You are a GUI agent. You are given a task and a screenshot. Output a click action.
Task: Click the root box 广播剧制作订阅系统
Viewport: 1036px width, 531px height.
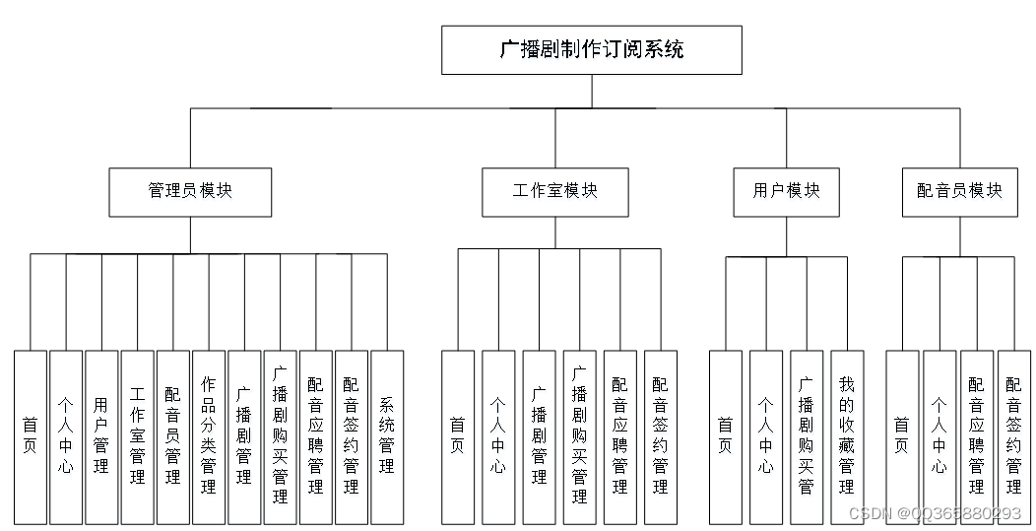click(591, 50)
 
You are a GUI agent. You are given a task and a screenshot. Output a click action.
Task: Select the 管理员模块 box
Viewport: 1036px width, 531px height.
click(190, 191)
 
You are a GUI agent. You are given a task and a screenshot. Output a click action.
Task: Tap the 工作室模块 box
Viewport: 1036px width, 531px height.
click(554, 191)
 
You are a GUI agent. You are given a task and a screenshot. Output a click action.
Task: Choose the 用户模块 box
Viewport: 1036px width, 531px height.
click(786, 191)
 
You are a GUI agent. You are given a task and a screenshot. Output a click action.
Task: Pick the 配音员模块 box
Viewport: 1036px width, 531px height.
click(959, 191)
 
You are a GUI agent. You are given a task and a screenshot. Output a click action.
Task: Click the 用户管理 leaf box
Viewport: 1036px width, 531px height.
click(101, 436)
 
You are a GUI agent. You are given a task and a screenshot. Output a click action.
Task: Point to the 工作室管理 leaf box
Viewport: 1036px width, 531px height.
click(137, 436)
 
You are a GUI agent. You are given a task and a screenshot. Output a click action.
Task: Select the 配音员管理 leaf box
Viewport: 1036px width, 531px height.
click(172, 436)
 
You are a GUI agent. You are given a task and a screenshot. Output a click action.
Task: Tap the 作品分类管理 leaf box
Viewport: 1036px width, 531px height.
click(208, 436)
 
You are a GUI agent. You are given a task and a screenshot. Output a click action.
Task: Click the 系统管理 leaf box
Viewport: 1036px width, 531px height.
click(387, 436)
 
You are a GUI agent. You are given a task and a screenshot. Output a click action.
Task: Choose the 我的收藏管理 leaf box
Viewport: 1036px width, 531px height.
click(847, 436)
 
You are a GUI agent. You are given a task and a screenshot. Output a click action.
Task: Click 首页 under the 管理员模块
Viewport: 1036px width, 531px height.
click(30, 436)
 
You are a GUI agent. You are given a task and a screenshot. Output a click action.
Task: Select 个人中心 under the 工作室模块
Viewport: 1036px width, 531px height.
click(498, 436)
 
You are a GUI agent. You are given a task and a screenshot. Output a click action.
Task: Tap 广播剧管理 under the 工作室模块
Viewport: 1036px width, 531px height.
click(539, 436)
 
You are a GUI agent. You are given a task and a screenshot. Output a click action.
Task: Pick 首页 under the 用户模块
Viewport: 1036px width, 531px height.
click(725, 436)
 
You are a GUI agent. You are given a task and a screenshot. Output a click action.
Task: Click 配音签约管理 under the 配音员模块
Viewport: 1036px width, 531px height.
click(1013, 436)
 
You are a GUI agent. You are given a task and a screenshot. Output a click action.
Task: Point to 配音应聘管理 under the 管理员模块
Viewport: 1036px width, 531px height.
click(315, 436)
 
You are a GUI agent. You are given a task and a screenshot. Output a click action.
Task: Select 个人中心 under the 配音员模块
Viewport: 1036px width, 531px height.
click(939, 436)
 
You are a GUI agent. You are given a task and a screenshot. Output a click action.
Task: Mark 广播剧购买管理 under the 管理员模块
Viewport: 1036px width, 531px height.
click(280, 436)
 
